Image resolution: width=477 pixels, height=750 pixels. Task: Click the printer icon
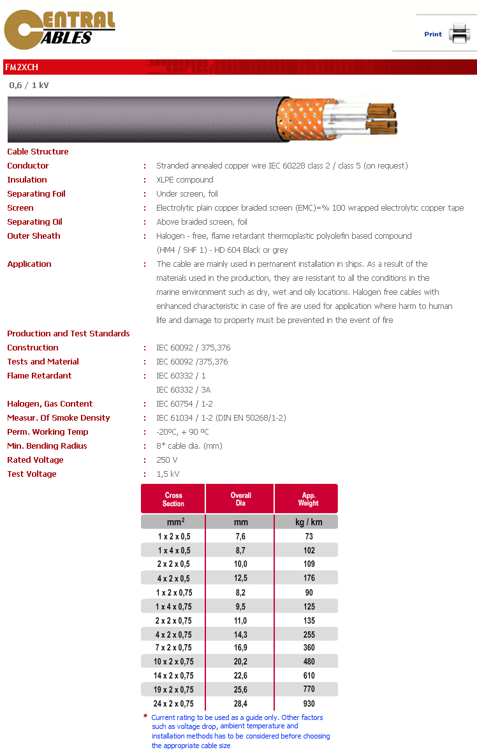(x=459, y=33)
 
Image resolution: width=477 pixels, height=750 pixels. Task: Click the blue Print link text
(x=433, y=34)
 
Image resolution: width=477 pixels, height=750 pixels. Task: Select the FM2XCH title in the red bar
(x=22, y=67)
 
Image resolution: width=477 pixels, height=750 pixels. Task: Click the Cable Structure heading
(x=38, y=152)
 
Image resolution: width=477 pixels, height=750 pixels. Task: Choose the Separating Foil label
(x=36, y=194)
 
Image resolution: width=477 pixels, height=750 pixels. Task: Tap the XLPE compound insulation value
(x=185, y=180)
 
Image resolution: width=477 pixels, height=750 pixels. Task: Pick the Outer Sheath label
(x=34, y=236)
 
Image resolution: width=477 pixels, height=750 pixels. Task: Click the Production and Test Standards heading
(x=68, y=334)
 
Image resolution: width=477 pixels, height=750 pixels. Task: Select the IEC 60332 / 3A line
(x=184, y=390)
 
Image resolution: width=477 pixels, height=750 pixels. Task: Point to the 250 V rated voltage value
(x=167, y=460)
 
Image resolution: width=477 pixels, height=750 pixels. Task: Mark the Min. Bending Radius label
(x=47, y=446)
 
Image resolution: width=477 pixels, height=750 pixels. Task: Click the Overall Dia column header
(x=240, y=499)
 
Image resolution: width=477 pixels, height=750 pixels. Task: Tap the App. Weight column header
(x=308, y=499)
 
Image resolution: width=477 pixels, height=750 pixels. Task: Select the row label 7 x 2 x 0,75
(x=173, y=648)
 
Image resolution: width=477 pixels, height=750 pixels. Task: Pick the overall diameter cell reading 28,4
(x=240, y=704)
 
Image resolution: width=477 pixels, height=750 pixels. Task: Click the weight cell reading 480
(x=309, y=662)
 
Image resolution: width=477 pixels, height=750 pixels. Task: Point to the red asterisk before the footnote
(x=145, y=717)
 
